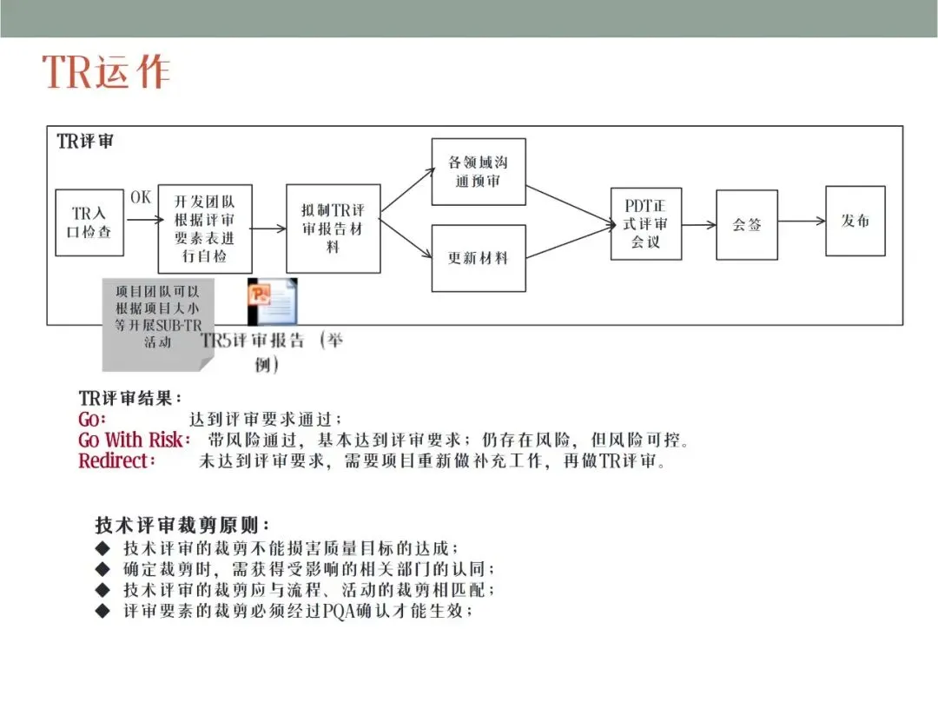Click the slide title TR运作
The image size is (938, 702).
coord(106,72)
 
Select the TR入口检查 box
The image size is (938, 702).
coord(89,222)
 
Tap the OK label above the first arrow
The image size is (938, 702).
coord(141,197)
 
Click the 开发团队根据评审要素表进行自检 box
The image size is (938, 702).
coord(205,228)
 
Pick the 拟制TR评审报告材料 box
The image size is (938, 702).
coord(334,228)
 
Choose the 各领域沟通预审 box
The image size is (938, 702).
coord(479,171)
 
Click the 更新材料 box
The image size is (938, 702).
coord(479,258)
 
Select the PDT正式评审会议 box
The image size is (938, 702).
coord(645,223)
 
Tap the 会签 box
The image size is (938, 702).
coord(747,224)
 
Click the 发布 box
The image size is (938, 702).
coord(855,221)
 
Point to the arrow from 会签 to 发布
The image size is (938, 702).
coord(802,222)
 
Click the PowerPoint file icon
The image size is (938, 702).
coord(271,301)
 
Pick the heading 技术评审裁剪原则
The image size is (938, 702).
coord(182,526)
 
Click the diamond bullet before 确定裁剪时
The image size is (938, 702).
coord(103,569)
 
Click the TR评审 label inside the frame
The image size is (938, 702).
coord(85,142)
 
